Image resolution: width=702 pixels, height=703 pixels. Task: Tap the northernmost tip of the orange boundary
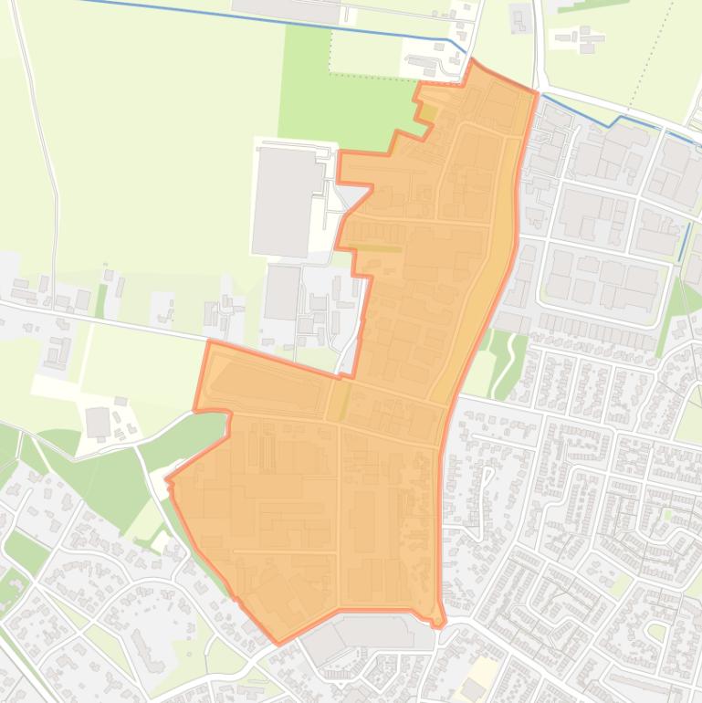click(x=472, y=60)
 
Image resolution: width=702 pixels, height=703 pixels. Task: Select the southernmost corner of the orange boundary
click(x=278, y=643)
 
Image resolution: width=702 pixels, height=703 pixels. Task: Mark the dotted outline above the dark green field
click(x=365, y=74)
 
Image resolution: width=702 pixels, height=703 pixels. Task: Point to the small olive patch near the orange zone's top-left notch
click(x=427, y=113)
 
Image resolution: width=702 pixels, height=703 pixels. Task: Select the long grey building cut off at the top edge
click(x=285, y=9)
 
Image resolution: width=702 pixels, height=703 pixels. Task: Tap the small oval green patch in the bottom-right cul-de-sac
click(x=655, y=630)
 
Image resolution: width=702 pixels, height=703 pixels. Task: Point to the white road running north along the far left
click(x=46, y=137)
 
